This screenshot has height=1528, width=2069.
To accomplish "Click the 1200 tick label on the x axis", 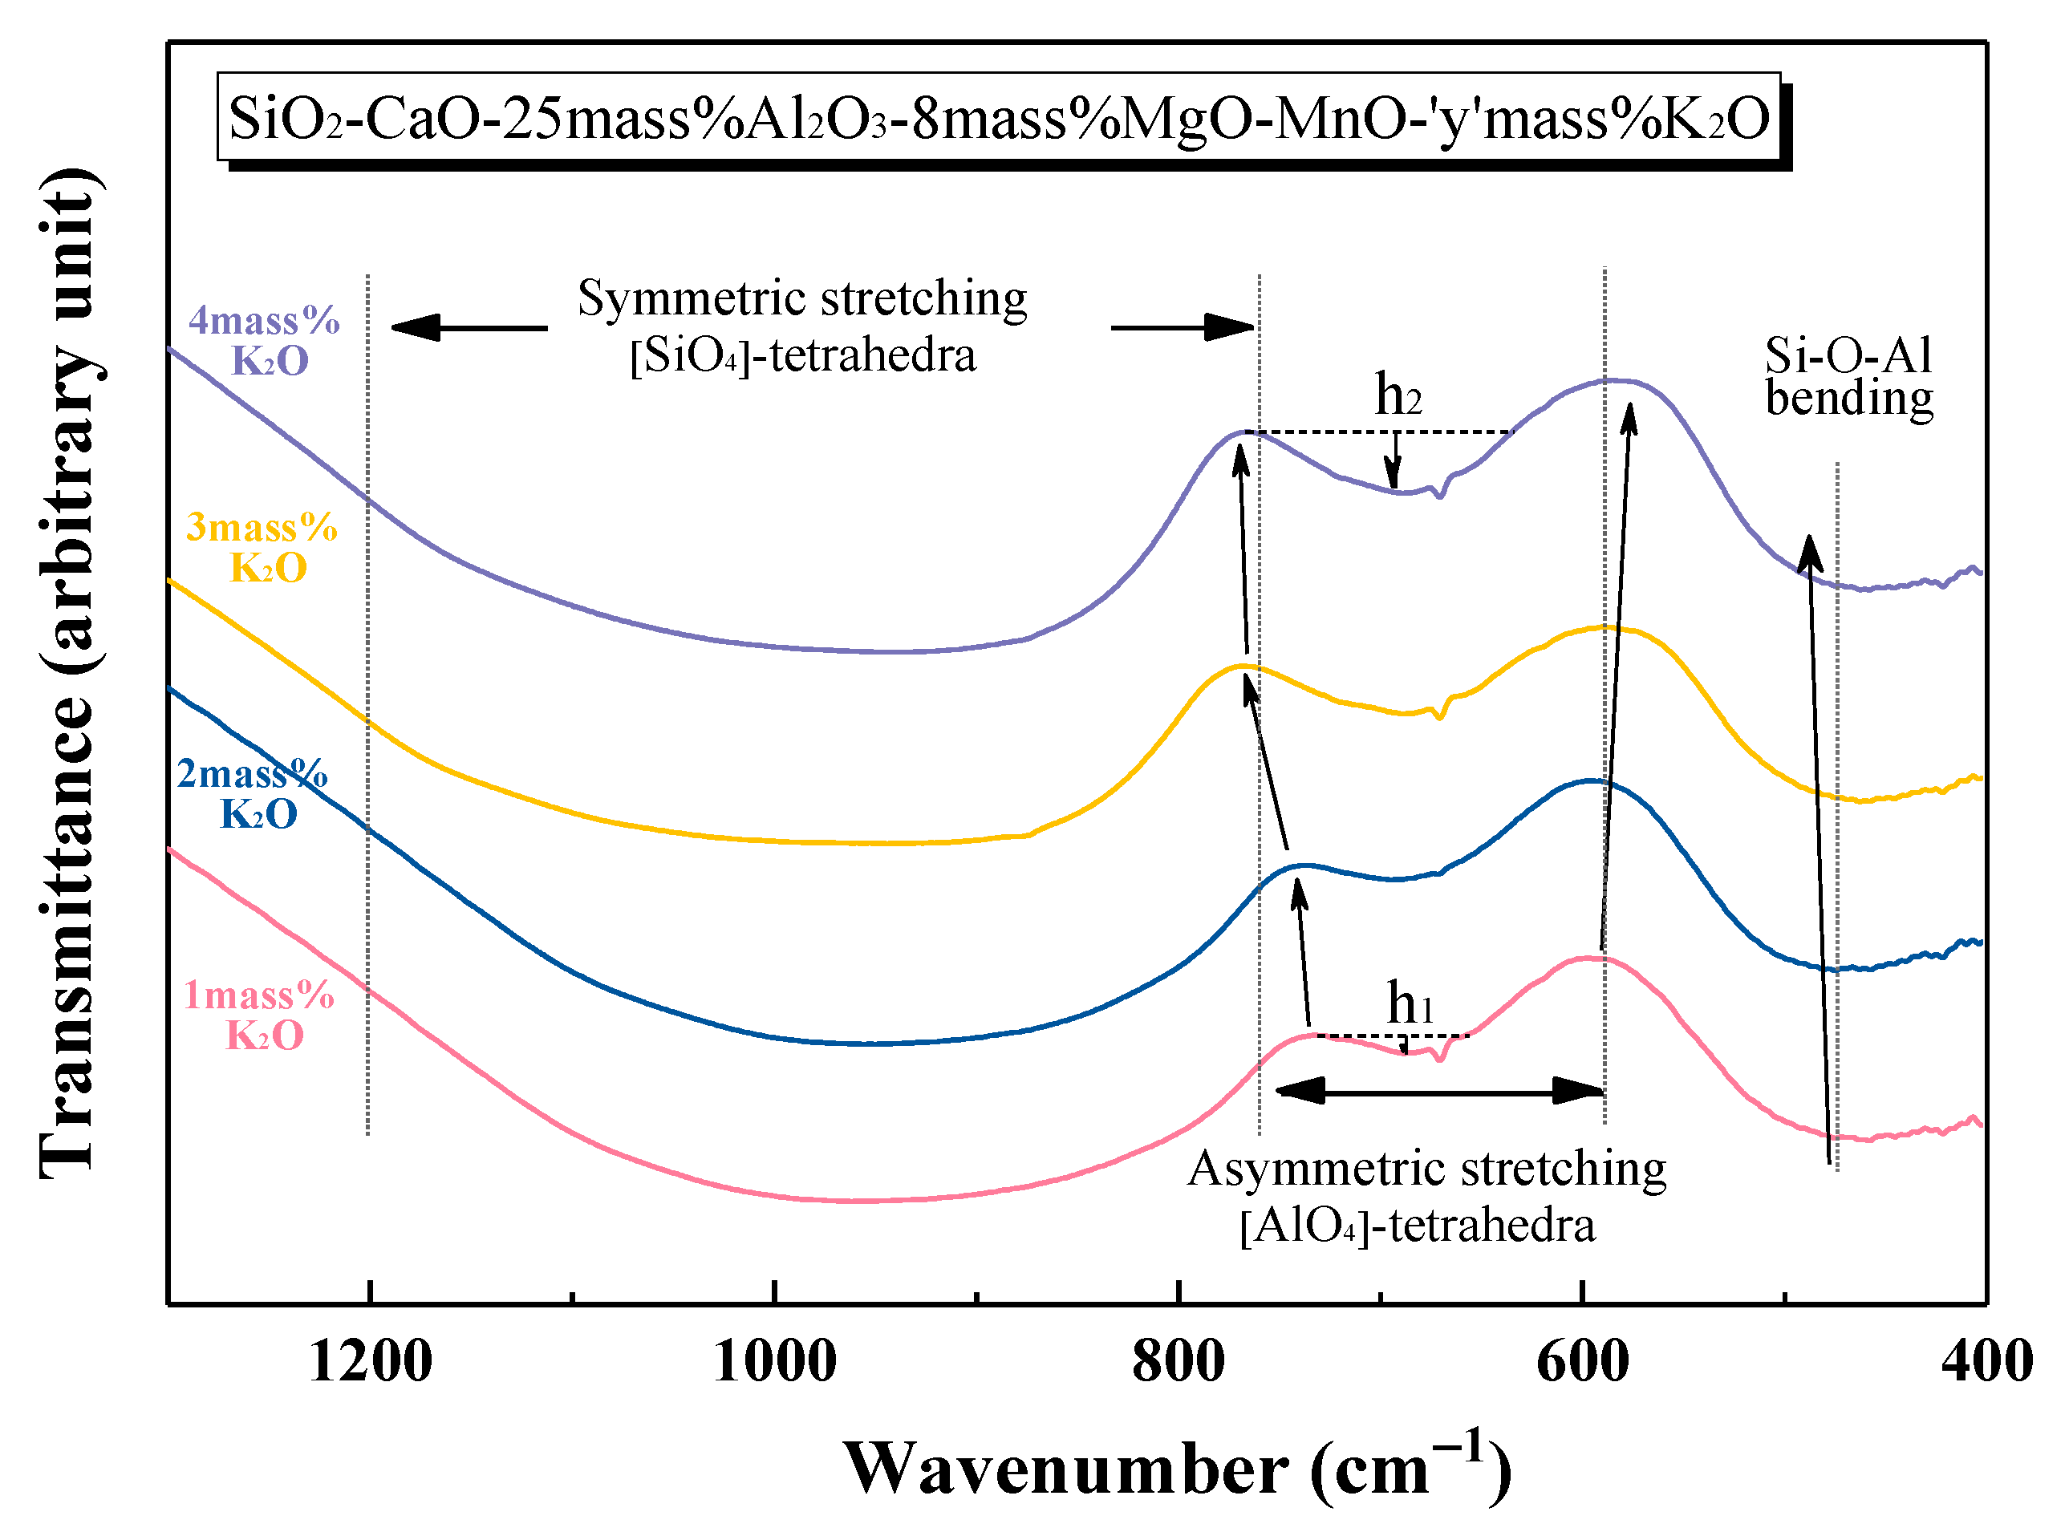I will [370, 1363].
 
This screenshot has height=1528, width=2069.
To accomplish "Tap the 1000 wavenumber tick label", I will [775, 1363].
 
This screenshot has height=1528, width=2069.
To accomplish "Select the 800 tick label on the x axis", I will [1179, 1363].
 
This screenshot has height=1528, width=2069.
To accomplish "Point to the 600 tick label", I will [1583, 1363].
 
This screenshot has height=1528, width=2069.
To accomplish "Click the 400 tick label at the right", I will [1986, 1363].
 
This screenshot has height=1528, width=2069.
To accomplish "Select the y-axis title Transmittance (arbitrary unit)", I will [69, 673].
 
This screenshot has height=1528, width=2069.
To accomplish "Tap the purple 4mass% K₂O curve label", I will [266, 340].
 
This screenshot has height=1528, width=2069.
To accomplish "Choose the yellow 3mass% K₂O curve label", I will [264, 548].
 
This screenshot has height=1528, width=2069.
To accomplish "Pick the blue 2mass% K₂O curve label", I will [254, 793].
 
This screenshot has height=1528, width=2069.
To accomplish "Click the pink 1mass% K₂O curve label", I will [261, 1015].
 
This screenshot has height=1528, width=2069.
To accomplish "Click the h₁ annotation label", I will [1410, 1003].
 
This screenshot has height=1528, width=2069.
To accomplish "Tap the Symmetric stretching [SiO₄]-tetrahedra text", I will [802, 326].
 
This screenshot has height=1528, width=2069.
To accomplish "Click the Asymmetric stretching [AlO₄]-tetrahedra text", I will [1426, 1197].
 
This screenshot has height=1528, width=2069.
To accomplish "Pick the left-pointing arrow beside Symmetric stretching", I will [469, 327].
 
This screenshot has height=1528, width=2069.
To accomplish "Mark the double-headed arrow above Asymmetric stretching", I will [1439, 1091].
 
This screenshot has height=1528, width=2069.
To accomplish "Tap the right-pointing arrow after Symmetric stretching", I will [1182, 327].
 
